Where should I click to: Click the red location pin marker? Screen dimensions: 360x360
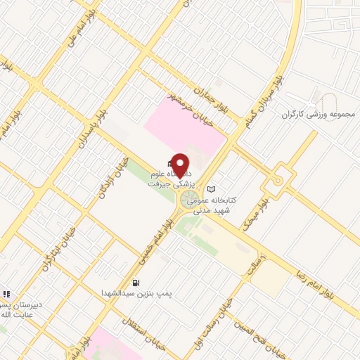[x=181, y=165]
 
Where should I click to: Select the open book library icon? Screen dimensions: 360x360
[x=212, y=189]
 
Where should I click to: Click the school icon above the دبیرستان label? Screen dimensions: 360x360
[x=6, y=293]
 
